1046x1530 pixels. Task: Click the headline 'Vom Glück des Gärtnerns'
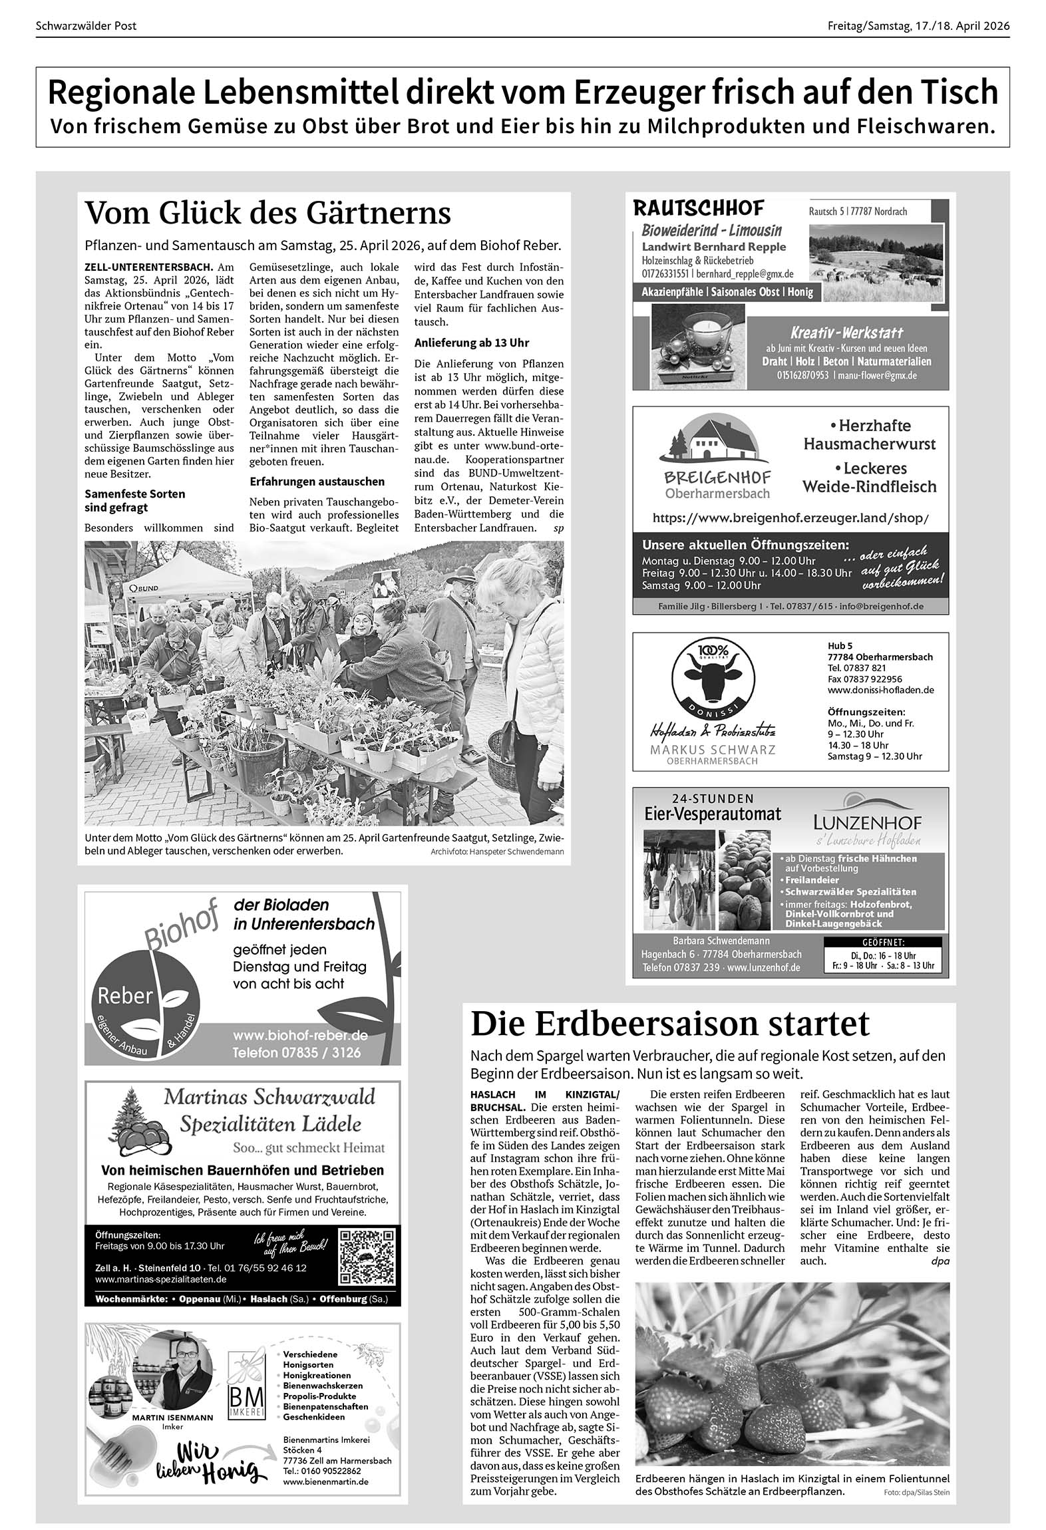[267, 214]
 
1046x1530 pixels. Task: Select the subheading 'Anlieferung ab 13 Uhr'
[472, 343]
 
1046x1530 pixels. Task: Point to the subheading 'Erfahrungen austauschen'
[317, 481]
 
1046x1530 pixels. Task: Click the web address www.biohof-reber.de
[300, 1036]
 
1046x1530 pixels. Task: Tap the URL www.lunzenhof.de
[763, 967]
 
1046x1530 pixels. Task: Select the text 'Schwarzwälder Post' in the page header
[86, 26]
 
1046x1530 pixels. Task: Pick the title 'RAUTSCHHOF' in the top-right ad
[698, 208]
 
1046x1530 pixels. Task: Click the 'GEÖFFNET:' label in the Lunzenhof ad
[882, 942]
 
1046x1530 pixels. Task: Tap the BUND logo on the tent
[144, 589]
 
